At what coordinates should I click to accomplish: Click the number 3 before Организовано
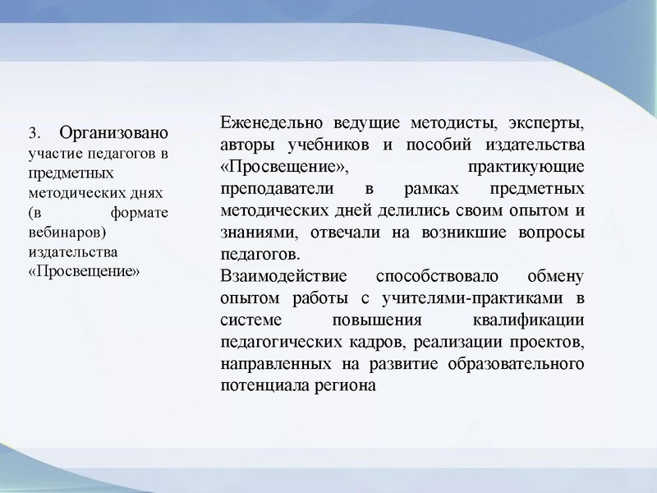[34, 133]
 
